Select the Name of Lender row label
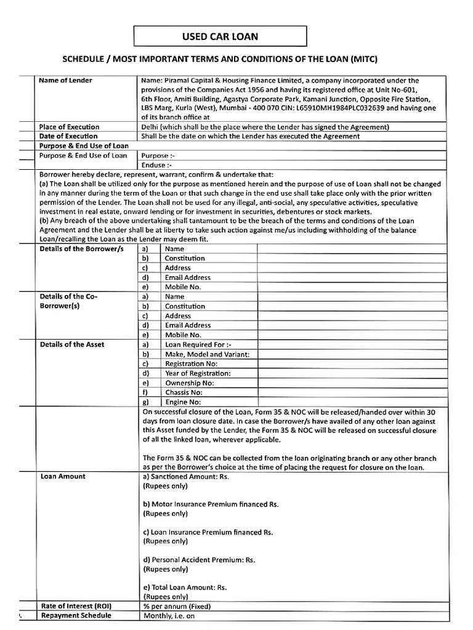click(x=66, y=80)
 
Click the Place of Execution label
click(x=69, y=127)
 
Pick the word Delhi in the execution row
click(x=152, y=127)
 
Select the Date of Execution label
click(x=68, y=136)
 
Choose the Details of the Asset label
click(x=72, y=345)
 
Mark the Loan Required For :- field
click(x=198, y=345)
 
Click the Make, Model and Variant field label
click(x=207, y=354)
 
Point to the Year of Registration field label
click(x=198, y=373)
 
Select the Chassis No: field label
click(x=184, y=392)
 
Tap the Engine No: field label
click(x=182, y=402)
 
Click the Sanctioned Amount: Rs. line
click(x=186, y=476)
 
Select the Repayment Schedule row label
click(x=76, y=615)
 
